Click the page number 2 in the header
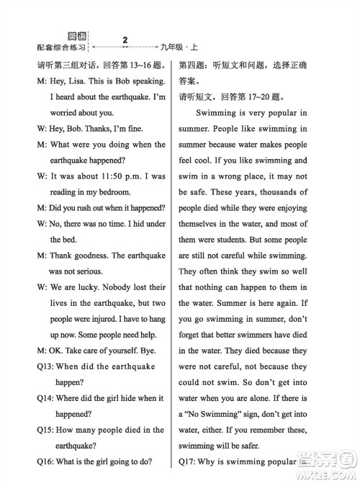[125, 38]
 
